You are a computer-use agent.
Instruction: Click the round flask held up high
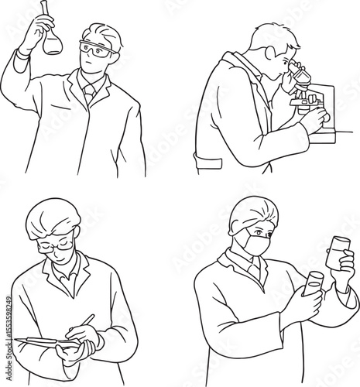coord(52,42)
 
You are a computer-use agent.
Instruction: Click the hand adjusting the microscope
coord(314,120)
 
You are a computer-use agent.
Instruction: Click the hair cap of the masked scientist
coord(252,211)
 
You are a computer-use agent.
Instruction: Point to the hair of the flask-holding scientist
coord(105,35)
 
